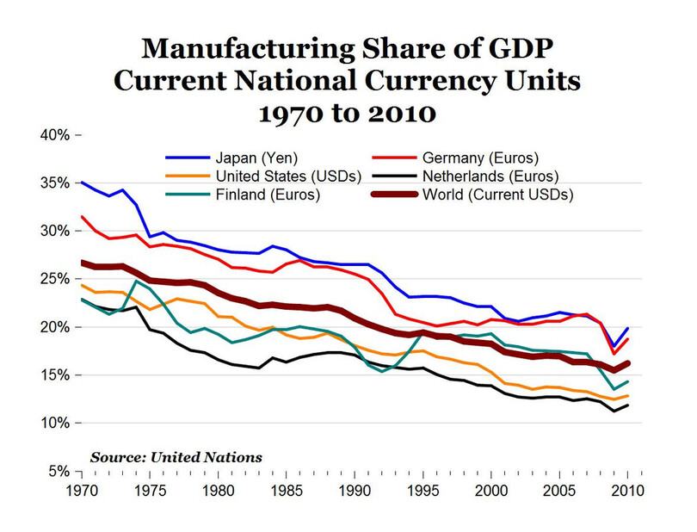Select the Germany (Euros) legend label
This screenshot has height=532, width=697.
(481, 158)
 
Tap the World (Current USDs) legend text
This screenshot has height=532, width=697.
(498, 195)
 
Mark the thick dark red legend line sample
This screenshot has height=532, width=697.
(395, 195)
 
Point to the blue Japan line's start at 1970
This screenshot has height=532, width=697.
(81, 182)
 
